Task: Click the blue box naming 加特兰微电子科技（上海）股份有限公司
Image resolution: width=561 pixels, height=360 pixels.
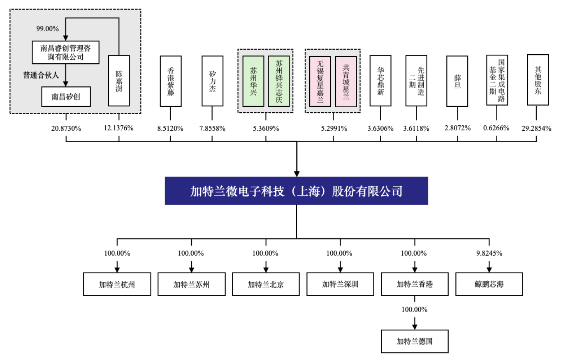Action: pos(296,191)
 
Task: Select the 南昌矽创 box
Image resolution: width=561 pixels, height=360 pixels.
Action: pos(66,97)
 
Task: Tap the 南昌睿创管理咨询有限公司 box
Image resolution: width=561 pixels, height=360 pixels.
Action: pos(66,52)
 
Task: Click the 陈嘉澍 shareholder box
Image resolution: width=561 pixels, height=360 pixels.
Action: pos(119,81)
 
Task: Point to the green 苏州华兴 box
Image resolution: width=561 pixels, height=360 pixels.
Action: pos(253,81)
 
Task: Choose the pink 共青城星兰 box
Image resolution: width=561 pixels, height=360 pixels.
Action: pos(346,81)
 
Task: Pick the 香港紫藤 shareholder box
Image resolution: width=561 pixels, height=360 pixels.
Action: pos(171,81)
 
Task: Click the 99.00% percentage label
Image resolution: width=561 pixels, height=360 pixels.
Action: pos(48,29)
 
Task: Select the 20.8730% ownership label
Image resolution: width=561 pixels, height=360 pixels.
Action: pos(66,129)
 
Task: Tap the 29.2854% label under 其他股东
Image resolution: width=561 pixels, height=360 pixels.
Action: pos(536,129)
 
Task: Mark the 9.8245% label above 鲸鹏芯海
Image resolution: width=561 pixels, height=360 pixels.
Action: pos(489,253)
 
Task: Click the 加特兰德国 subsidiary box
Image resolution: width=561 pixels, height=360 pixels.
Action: pos(415,341)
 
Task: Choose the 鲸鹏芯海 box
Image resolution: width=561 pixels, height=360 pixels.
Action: pos(489,284)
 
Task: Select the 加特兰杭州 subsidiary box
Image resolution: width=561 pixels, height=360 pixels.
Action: pos(117,284)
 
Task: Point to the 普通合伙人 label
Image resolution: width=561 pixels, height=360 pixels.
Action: pos(41,75)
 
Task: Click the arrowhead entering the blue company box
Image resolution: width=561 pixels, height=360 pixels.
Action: pos(297,174)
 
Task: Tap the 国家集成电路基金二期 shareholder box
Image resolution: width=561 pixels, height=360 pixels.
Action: pos(497,80)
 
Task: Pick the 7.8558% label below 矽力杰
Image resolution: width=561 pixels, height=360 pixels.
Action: pos(212,129)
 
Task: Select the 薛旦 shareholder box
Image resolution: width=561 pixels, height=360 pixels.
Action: pos(457,81)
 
